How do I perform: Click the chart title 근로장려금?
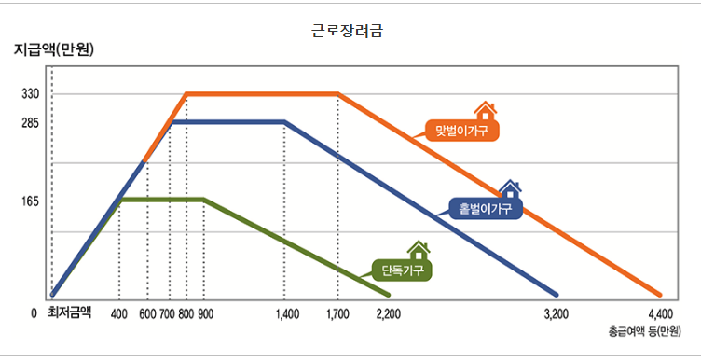pos(347,31)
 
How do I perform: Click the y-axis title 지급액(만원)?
pos(54,49)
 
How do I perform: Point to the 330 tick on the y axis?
pos(31,94)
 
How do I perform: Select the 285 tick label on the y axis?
pos(31,122)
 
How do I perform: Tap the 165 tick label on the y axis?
pos(31,201)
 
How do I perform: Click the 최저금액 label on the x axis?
pos(69,312)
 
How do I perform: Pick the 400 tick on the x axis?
pos(119,314)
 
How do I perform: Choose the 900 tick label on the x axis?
pos(205,314)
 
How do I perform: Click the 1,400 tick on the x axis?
pos(287,314)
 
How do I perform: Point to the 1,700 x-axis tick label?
pos(337,314)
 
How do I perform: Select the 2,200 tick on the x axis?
pos(389,314)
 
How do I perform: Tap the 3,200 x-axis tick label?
pos(557,314)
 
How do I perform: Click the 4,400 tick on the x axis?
pos(660,314)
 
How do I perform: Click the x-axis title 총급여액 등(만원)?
pos(644,331)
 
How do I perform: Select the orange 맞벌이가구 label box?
pos(461,131)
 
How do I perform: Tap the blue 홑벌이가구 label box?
pos(486,208)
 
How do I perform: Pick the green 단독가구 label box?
pos(403,270)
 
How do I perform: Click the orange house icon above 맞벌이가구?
pos(486,110)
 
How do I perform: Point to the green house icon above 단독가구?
pos(419,250)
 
